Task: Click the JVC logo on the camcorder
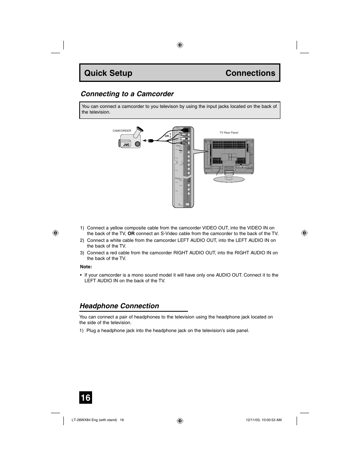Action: point(126,144)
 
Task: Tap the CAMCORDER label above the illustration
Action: point(122,131)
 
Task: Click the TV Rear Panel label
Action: point(229,132)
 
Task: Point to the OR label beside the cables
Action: point(166,135)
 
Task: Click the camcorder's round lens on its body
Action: point(137,144)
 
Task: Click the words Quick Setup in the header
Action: point(108,73)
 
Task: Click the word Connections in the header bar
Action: point(250,73)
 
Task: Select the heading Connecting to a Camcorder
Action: point(127,94)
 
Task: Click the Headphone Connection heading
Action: point(119,306)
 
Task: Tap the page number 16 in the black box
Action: point(85,398)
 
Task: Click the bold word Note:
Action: point(86,266)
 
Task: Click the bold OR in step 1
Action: point(131,234)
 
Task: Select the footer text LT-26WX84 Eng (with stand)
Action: point(94,420)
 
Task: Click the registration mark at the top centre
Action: point(180,45)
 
